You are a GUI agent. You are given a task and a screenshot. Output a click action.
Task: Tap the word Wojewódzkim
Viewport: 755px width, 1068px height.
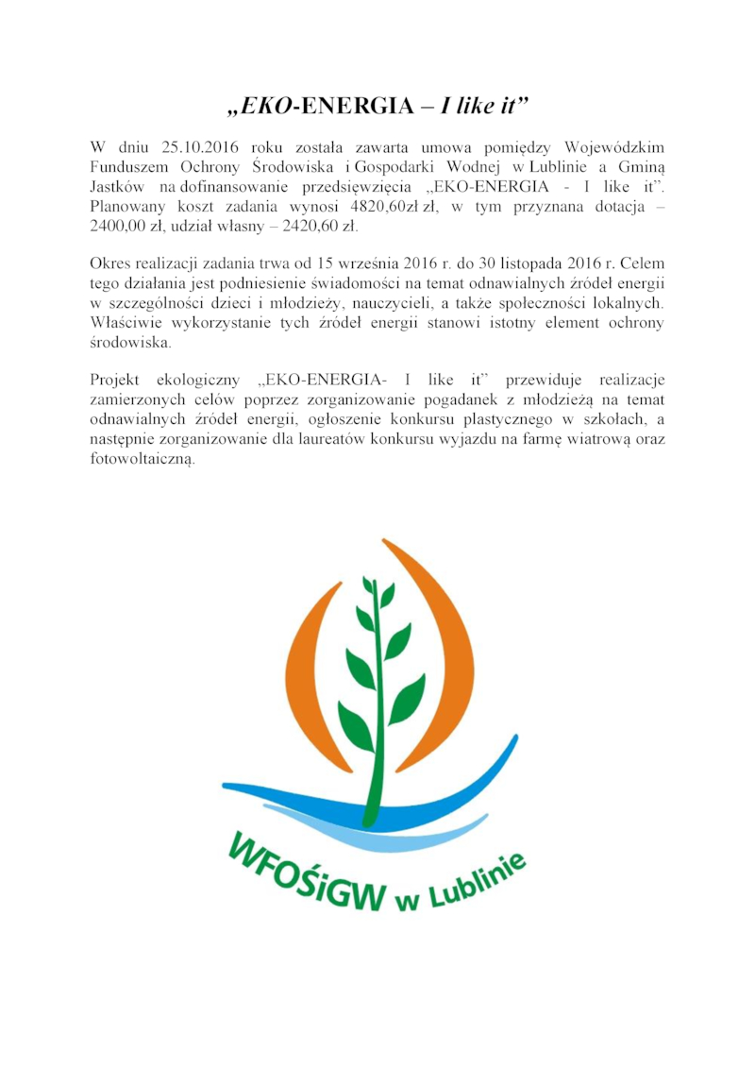pos(614,147)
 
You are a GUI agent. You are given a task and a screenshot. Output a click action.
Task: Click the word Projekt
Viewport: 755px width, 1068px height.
pos(114,380)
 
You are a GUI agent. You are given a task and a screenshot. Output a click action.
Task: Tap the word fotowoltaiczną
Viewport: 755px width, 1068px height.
pos(143,459)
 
